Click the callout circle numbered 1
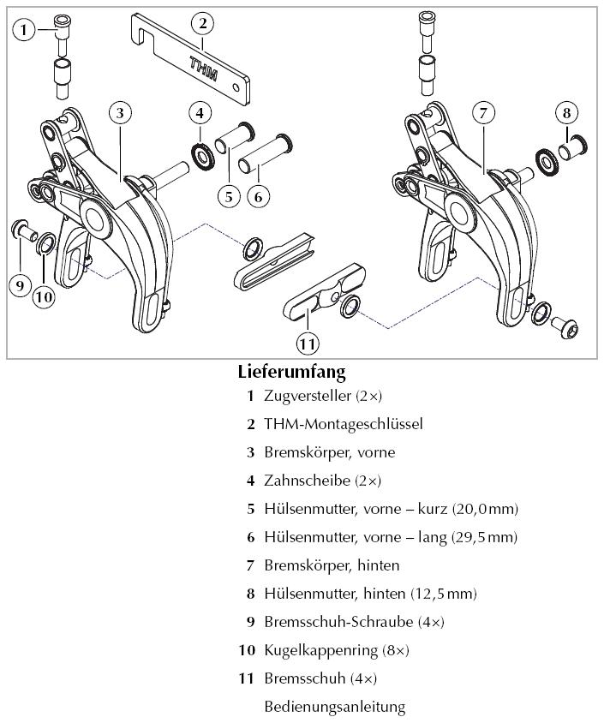coord(25,31)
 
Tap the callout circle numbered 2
coord(202,23)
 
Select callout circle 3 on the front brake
coord(121,113)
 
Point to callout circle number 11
coord(308,344)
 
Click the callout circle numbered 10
coord(44,297)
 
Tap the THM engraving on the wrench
coord(203,69)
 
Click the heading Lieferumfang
coord(291,373)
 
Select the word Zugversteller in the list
coord(308,396)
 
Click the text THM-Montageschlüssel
coord(343,424)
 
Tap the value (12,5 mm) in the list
coord(442,594)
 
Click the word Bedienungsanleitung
coord(334,707)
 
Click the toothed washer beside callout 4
coord(203,155)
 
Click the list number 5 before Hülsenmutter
coord(251,509)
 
